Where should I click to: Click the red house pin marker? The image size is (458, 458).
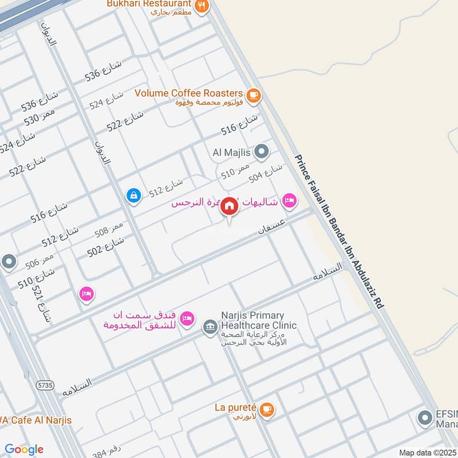229,206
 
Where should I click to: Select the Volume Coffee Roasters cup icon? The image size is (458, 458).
253,96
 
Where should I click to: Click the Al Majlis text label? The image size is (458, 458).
232,152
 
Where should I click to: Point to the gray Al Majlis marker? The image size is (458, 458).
262,152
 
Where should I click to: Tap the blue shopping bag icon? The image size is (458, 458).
133,196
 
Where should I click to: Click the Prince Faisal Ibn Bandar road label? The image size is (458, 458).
338,232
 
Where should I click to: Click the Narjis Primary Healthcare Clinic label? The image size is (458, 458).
252,321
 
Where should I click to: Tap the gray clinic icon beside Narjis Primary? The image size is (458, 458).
210,327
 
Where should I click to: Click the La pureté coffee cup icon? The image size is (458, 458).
266,409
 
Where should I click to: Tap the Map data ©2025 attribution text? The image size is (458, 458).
428,453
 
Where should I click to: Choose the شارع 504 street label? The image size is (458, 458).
266,173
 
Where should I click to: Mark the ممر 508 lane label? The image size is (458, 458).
110,230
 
